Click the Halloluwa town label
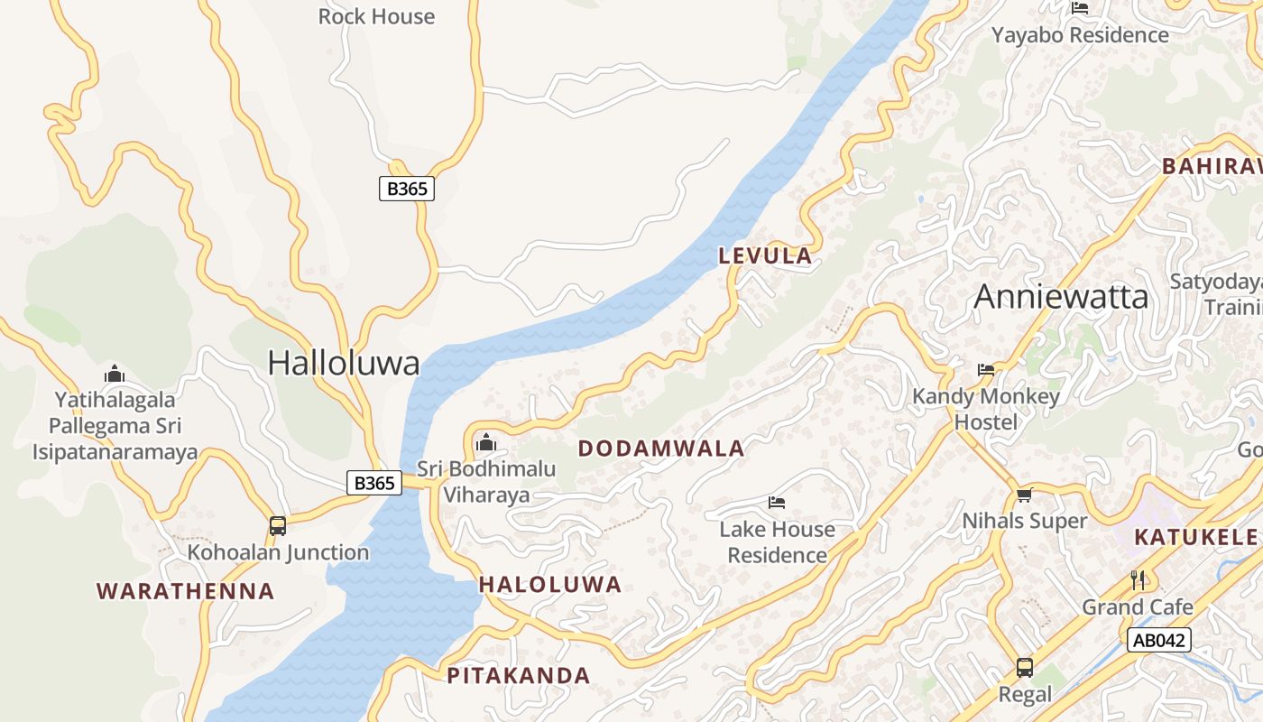click(344, 363)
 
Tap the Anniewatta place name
click(1061, 297)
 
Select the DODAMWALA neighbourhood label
click(661, 449)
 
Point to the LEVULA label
click(765, 256)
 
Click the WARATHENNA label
click(185, 591)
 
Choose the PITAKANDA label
click(519, 675)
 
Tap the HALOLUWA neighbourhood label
click(550, 585)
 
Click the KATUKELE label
click(1195, 537)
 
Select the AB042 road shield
click(1159, 641)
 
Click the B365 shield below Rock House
click(406, 189)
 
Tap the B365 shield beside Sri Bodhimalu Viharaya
click(374, 484)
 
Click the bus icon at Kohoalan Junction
click(278, 525)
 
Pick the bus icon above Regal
click(1025, 668)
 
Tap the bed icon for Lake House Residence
click(777, 502)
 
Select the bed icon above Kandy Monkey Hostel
click(986, 370)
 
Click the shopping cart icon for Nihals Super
click(1024, 495)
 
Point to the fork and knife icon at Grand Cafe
click(1138, 579)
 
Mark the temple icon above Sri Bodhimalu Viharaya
click(486, 442)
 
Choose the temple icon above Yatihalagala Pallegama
click(115, 373)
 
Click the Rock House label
click(376, 16)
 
